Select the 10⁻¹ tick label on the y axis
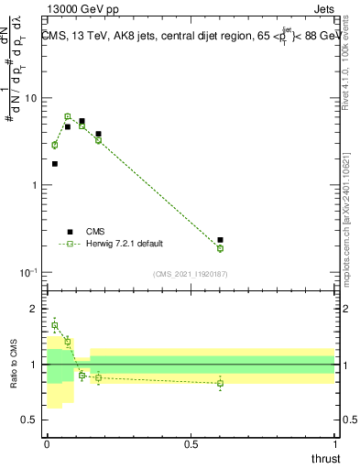(30, 272)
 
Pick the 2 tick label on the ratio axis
(36, 309)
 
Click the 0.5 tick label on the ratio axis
(32, 420)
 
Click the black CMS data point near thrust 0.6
(220, 240)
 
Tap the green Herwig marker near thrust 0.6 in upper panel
(220, 248)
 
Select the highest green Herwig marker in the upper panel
(67, 116)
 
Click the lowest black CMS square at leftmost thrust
(55, 164)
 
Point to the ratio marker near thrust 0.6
(220, 383)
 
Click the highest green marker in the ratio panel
(55, 325)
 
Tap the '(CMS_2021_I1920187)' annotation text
(191, 274)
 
